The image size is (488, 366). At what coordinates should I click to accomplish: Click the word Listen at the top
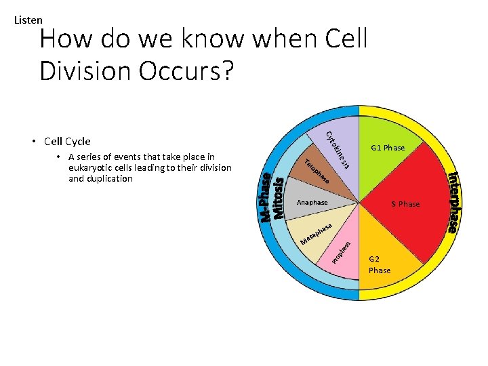[x=28, y=20]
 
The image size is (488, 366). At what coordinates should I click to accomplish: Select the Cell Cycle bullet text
[x=67, y=142]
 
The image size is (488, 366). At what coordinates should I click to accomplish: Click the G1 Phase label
[x=388, y=148]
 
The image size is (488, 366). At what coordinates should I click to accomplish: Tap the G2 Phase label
[x=380, y=264]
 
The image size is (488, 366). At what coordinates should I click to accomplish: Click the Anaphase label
[x=312, y=203]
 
